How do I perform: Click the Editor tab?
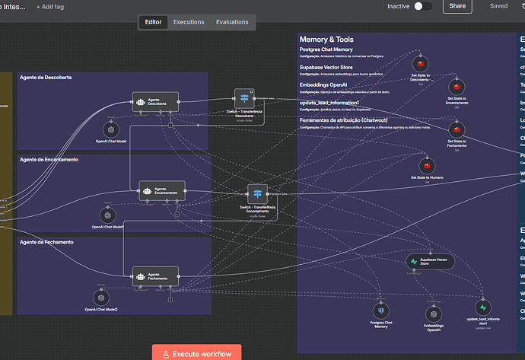coord(153,22)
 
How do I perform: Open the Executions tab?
coord(189,22)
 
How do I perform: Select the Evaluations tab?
coord(232,22)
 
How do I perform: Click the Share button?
coord(457,6)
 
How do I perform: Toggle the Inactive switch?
coord(423,6)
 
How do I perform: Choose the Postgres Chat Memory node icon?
coord(380,311)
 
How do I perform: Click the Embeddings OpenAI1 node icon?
coord(434,312)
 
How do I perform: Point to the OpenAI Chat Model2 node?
coord(101,298)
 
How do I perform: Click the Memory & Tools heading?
coord(326,40)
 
